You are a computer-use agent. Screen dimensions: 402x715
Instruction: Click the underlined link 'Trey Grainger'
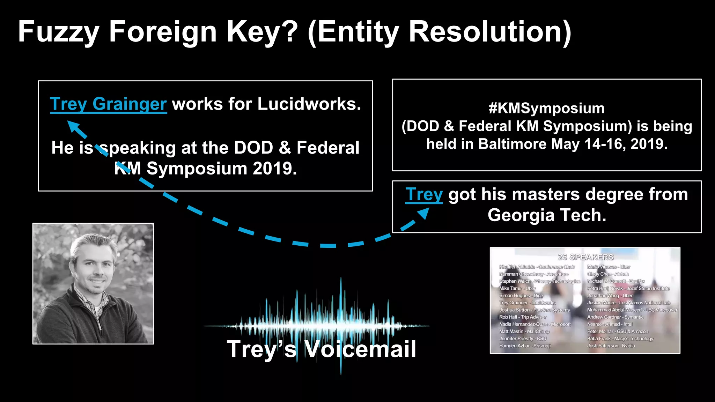[x=108, y=104]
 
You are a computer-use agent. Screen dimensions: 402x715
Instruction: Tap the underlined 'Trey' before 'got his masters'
[x=424, y=194]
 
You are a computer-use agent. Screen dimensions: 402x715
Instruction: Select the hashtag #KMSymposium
[x=546, y=108]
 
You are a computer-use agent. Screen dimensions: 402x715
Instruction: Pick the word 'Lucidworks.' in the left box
[x=309, y=104]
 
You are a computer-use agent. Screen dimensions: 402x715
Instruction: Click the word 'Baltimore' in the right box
[x=512, y=144]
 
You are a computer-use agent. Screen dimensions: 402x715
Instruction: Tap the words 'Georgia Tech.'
[x=547, y=215]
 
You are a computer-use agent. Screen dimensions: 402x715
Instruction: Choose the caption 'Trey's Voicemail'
[x=321, y=349]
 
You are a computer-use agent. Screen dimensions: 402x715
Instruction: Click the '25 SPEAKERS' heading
[x=585, y=257]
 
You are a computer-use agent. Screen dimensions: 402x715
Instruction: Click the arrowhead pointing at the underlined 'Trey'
[x=423, y=213]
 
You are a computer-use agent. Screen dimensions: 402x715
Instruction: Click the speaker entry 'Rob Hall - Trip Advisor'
[x=523, y=317]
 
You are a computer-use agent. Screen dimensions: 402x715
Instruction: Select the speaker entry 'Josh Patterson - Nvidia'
[x=611, y=346]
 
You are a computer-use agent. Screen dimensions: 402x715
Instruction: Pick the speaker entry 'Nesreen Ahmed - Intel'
[x=610, y=324]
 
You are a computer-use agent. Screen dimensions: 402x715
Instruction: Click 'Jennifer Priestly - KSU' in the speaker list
[x=523, y=338]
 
